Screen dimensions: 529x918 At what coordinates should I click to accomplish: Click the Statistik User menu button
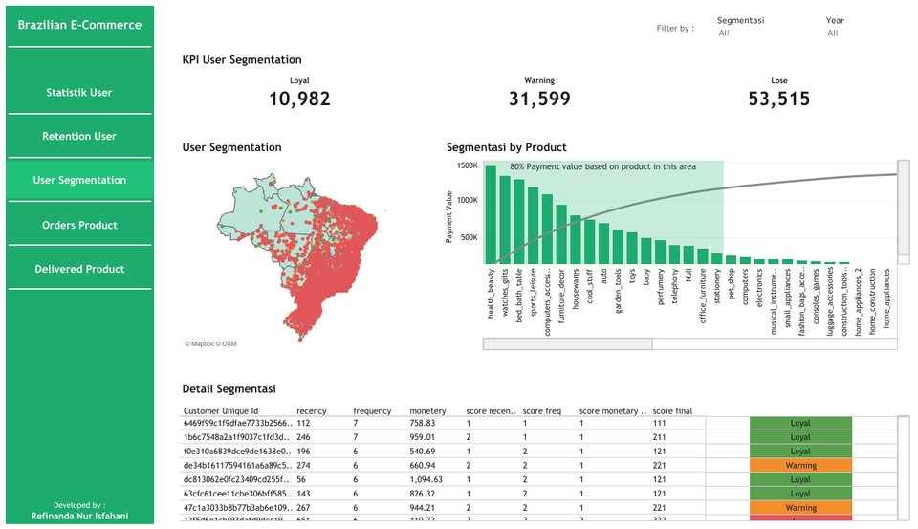click(x=79, y=93)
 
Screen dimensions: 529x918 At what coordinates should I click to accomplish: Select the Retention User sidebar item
click(x=79, y=137)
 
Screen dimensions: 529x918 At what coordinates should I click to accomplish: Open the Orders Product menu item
click(x=79, y=226)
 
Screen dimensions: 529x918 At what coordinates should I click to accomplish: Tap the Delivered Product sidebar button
click(x=79, y=270)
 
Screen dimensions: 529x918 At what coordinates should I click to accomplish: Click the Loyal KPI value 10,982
click(x=299, y=99)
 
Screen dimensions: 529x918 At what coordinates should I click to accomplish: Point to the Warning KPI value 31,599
click(x=539, y=99)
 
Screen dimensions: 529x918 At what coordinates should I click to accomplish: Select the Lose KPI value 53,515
click(x=779, y=99)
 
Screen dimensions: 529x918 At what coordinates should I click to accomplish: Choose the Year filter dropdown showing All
click(x=846, y=33)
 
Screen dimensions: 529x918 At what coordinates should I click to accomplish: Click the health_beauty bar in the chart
click(x=491, y=214)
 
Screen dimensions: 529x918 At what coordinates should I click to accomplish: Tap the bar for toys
click(x=632, y=248)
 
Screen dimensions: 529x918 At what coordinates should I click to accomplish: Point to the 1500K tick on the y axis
click(x=466, y=165)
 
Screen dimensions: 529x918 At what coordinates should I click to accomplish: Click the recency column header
click(x=311, y=411)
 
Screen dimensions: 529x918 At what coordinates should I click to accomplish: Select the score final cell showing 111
click(x=661, y=423)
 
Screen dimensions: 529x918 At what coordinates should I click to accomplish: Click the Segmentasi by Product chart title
click(x=507, y=147)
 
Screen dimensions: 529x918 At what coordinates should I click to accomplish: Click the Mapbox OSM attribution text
click(x=210, y=343)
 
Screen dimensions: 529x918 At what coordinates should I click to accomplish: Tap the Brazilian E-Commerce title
click(x=79, y=25)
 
